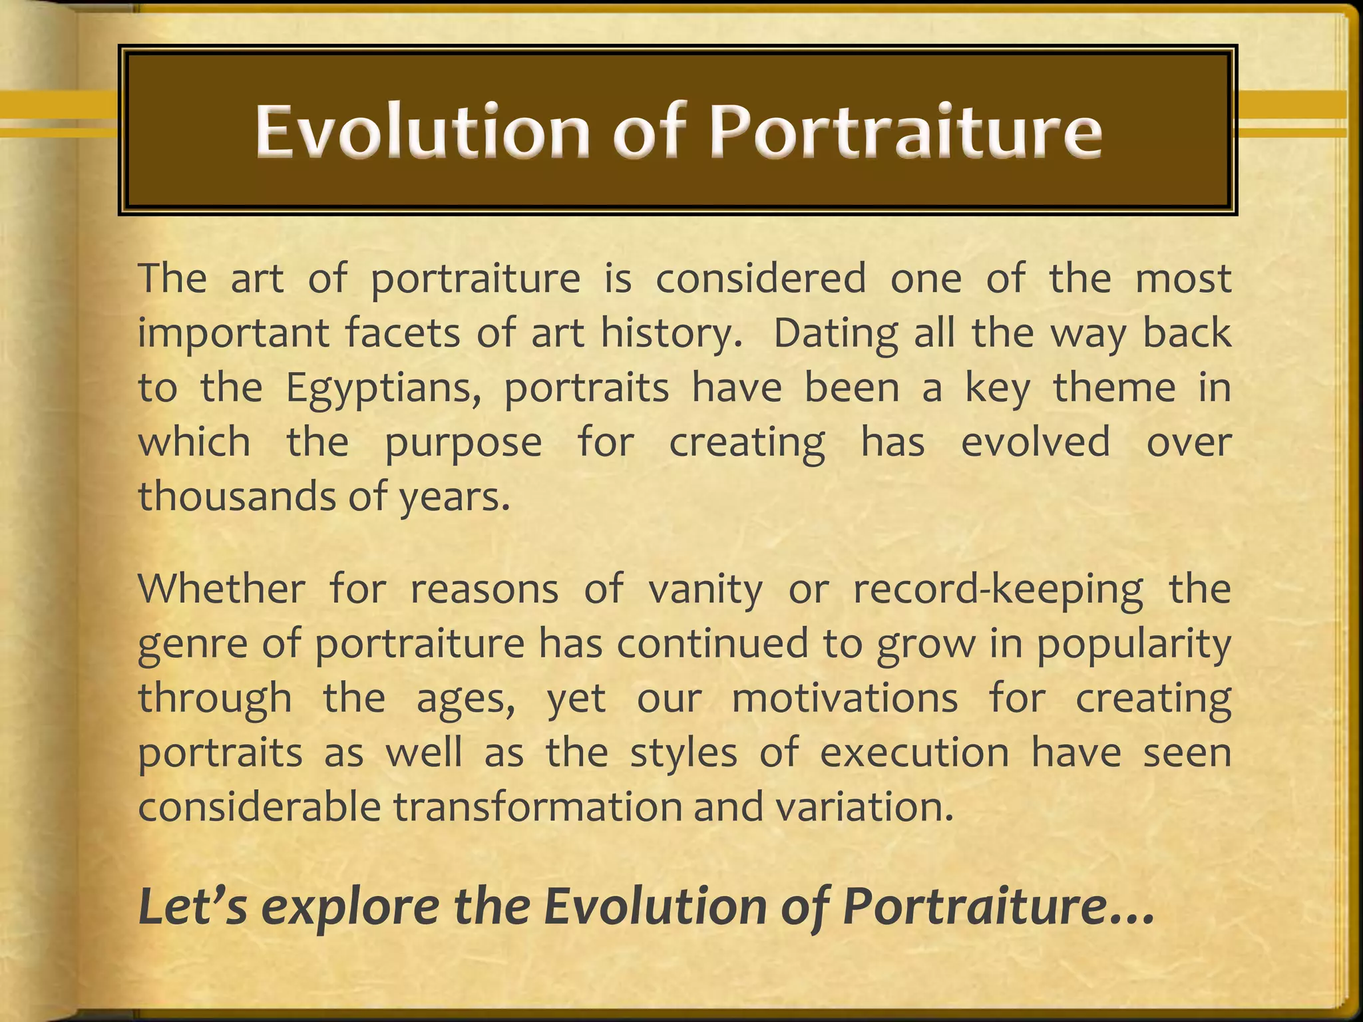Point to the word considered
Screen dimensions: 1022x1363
(x=761, y=278)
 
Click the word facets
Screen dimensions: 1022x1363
(x=402, y=333)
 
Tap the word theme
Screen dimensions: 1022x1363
(x=1114, y=387)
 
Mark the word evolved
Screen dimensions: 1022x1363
(x=1036, y=442)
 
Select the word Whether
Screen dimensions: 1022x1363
(x=222, y=589)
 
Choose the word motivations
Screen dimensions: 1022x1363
(x=845, y=699)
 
